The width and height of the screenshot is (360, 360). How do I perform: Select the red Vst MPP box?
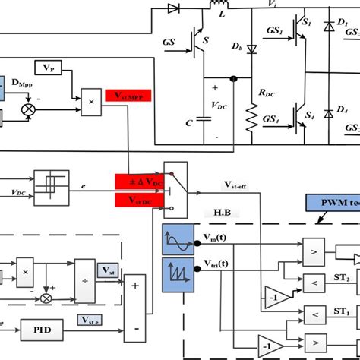[128, 96]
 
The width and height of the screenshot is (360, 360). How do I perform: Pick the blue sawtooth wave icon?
[176, 271]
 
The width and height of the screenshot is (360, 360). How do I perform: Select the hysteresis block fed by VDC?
[52, 182]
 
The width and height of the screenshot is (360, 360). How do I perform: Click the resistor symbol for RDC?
[251, 118]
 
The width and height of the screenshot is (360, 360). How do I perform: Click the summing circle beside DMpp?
[31, 109]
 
